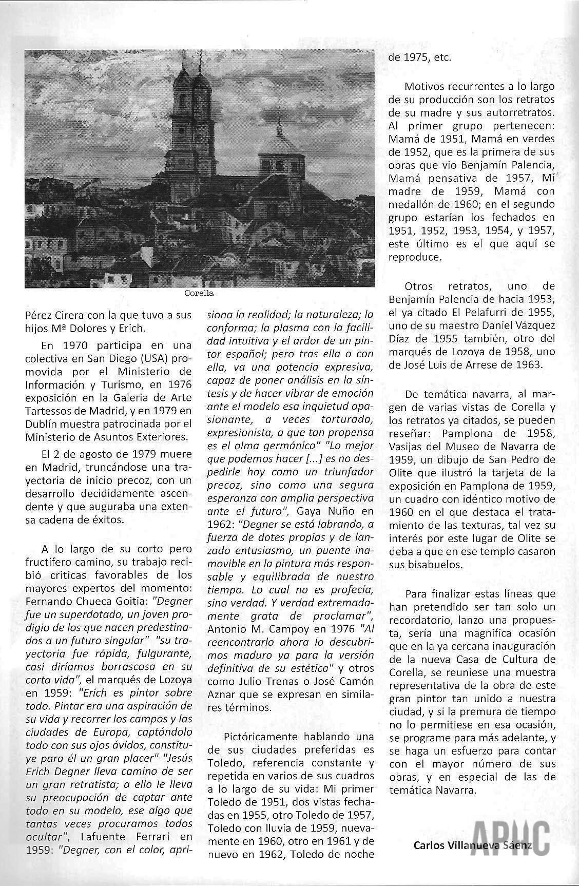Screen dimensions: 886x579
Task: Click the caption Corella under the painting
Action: pos(198,294)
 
